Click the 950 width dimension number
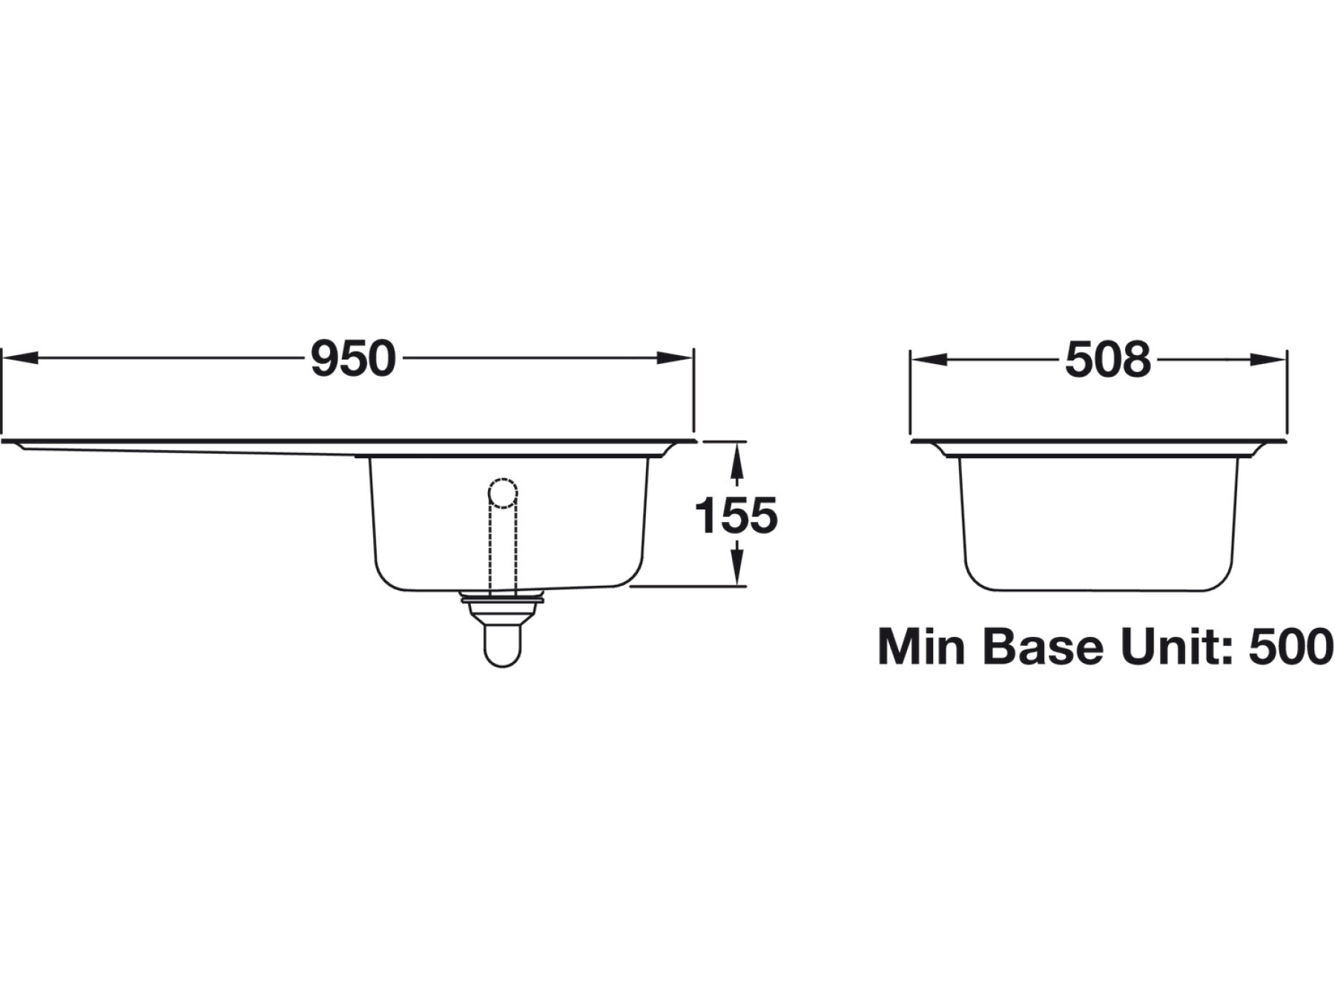click(353, 359)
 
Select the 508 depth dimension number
click(1107, 360)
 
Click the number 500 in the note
click(1291, 647)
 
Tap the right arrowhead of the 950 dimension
click(675, 358)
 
